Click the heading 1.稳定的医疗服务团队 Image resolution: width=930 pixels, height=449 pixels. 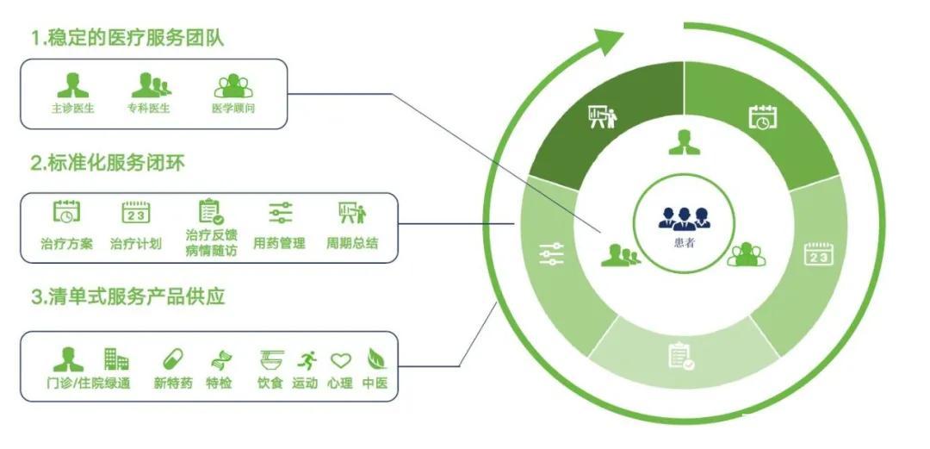click(133, 38)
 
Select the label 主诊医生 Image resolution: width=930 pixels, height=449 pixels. click(72, 109)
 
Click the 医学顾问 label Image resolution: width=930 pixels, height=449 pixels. click(233, 109)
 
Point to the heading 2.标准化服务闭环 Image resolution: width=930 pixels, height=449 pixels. click(108, 163)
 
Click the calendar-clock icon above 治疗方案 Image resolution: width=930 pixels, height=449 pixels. click(67, 211)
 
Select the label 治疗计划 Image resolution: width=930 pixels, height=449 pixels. click(135, 243)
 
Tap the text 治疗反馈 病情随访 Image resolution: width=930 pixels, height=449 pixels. click(211, 242)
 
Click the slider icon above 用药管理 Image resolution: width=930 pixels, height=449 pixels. click(281, 212)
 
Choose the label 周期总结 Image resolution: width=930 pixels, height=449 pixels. click(351, 243)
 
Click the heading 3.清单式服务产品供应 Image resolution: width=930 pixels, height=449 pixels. click(127, 297)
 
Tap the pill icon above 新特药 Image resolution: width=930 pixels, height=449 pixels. click(173, 359)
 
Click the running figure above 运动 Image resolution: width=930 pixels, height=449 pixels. click(306, 359)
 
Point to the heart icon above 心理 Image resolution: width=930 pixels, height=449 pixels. click(341, 360)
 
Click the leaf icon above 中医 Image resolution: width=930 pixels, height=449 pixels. click(375, 359)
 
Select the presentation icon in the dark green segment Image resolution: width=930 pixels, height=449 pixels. click(602, 117)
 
